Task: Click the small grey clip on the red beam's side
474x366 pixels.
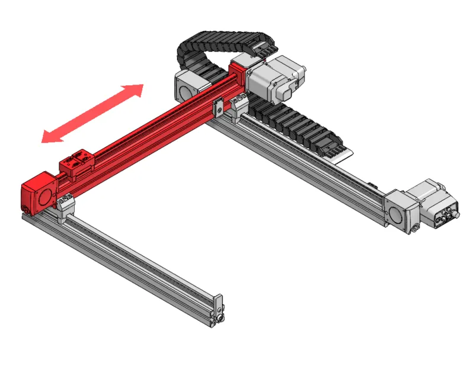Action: click(x=217, y=107)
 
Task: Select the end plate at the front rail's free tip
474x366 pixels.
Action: click(x=218, y=309)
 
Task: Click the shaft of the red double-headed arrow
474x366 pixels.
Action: click(x=92, y=114)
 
